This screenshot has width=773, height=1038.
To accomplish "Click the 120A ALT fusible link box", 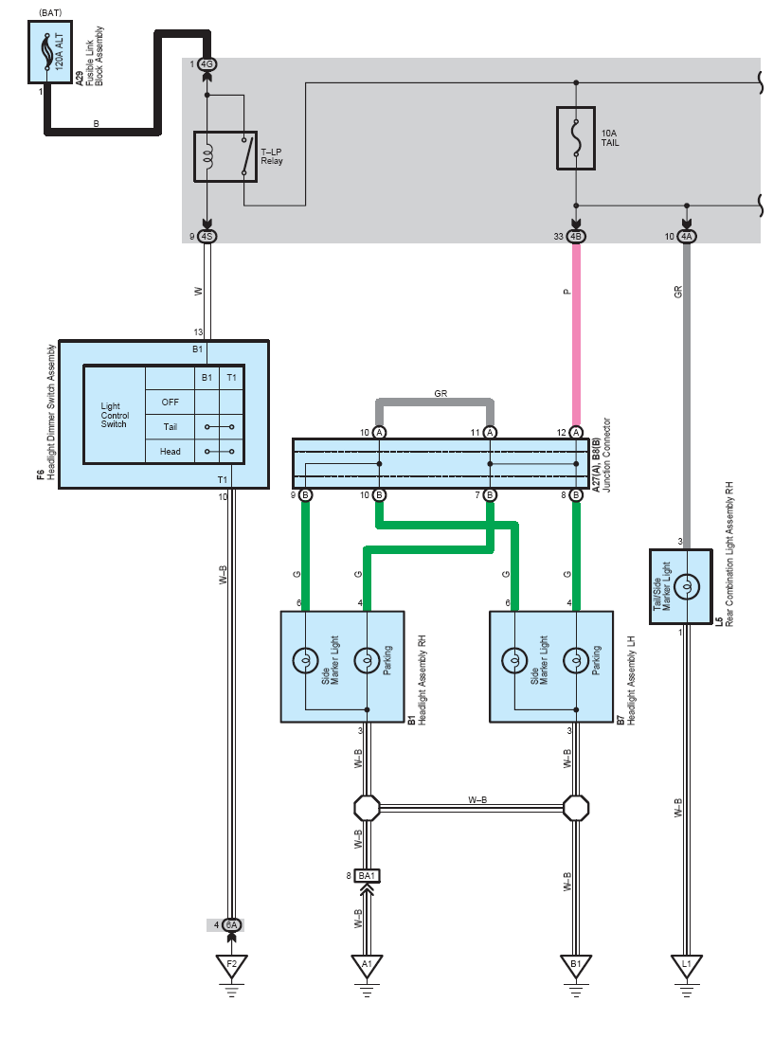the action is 49,52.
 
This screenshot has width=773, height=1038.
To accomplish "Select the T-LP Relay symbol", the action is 225,156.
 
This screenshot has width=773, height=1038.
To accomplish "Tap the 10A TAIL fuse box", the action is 576,138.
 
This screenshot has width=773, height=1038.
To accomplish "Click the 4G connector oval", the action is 207,64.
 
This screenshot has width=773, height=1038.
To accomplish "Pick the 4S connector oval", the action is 207,237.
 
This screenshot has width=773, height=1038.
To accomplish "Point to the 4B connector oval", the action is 576,237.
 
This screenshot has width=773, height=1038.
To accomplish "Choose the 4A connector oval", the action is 687,237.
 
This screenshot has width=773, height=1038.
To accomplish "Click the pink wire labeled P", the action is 576,334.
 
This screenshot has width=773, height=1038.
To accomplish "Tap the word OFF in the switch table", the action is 171,402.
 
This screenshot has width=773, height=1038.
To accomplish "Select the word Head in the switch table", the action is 171,452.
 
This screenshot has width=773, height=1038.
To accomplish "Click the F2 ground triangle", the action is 231,967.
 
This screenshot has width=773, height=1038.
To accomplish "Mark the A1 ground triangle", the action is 367,967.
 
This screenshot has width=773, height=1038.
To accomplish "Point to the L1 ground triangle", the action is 687,967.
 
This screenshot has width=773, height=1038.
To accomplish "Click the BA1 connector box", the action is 367,876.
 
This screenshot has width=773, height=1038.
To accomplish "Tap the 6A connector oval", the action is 231,924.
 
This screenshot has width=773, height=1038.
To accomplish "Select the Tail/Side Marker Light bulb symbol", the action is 687,586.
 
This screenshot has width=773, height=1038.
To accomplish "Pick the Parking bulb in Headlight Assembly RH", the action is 367,660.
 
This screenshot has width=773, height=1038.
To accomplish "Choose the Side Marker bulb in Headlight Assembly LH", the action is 514,660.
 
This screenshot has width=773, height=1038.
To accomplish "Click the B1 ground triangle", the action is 576,967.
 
